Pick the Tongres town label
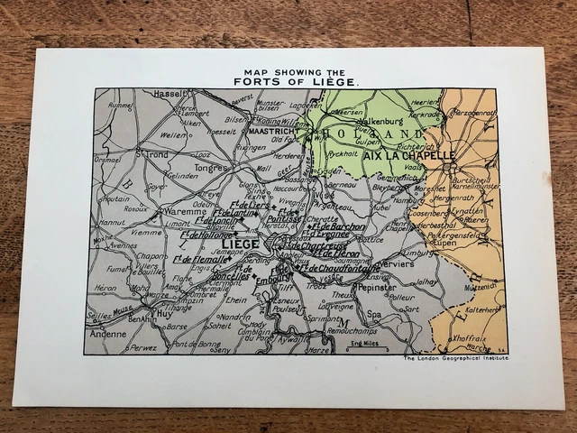coord(211,166)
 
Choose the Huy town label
coord(164,313)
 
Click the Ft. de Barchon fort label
coord(337,226)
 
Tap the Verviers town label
coord(397,264)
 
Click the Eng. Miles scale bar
coord(366,344)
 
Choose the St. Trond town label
coord(149,154)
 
